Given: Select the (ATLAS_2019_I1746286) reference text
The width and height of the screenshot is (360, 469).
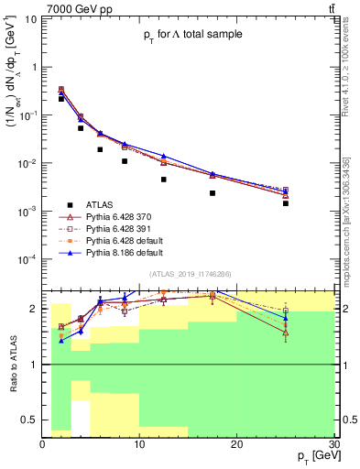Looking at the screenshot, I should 190,274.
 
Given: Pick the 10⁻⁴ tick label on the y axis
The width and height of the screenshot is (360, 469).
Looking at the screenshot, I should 28,259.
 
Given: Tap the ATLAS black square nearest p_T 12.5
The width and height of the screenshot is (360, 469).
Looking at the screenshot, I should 164,180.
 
